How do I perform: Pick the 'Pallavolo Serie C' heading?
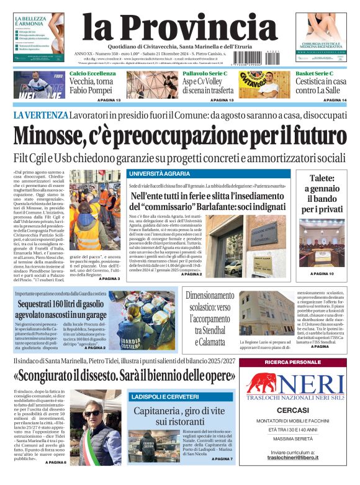(205, 74)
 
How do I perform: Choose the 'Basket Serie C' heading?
(315, 74)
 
